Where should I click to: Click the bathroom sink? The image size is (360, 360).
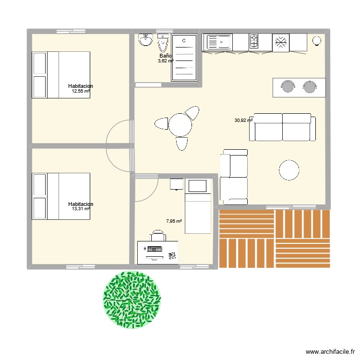coord(145,40)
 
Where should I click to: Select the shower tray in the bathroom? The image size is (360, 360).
coord(184,58)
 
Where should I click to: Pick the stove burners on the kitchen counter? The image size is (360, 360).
coord(254,42)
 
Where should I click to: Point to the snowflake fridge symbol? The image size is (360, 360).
coord(281,42)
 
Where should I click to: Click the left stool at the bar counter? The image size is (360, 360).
coord(288,86)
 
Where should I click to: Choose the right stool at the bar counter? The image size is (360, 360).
coord(310,86)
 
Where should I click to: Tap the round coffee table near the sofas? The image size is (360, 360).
coord(289,169)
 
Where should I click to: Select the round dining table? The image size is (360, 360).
coord(180,124)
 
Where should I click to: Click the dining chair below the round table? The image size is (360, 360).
coord(182,143)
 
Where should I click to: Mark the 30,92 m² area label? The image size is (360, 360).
coord(243,120)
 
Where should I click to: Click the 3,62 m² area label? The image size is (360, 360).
coord(166,61)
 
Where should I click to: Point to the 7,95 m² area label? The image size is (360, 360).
coord(174,221)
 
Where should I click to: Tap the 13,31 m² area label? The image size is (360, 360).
coord(81,209)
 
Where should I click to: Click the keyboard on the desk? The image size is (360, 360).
coord(154,250)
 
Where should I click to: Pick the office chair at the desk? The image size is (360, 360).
coord(157,235)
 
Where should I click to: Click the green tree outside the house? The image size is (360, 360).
coord(132,300)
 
